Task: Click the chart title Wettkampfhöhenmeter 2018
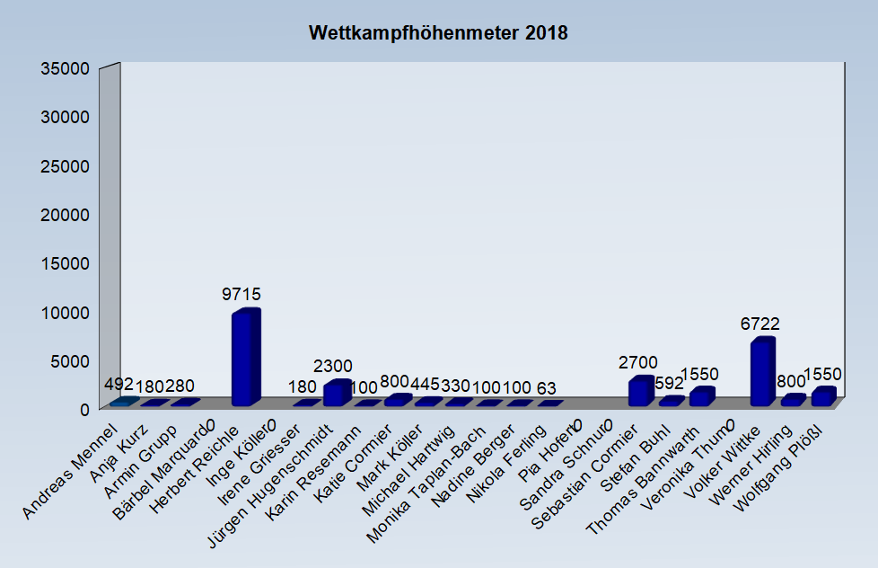pos(438,33)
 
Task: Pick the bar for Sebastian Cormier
pos(640,392)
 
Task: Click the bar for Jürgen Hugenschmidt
pos(337,394)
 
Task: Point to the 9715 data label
pos(241,295)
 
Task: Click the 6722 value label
pos(759,324)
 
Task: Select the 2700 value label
pos(637,363)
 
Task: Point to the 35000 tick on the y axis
pos(66,68)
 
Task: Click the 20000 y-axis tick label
pos(66,214)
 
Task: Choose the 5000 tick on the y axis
pos(71,360)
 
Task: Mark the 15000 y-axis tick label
pos(66,262)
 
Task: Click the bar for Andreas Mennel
pos(125,402)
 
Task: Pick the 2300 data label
pos(333,367)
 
